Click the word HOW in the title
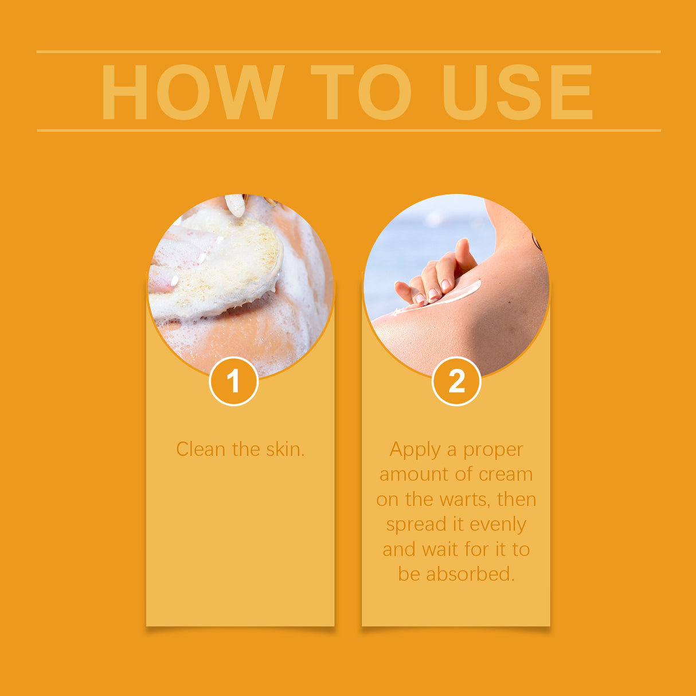click(x=193, y=92)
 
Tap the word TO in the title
click(x=361, y=92)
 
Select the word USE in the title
click(x=517, y=92)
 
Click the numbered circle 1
click(x=233, y=381)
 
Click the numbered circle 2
click(x=456, y=381)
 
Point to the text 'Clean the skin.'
click(x=240, y=449)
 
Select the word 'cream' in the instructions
click(x=506, y=475)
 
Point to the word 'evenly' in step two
click(x=497, y=525)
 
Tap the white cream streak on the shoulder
click(x=453, y=296)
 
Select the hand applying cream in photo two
click(x=436, y=275)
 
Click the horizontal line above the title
click(x=349, y=52)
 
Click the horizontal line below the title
click(x=349, y=131)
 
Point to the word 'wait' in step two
click(x=440, y=549)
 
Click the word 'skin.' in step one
click(x=285, y=449)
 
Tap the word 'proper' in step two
click(x=493, y=450)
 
